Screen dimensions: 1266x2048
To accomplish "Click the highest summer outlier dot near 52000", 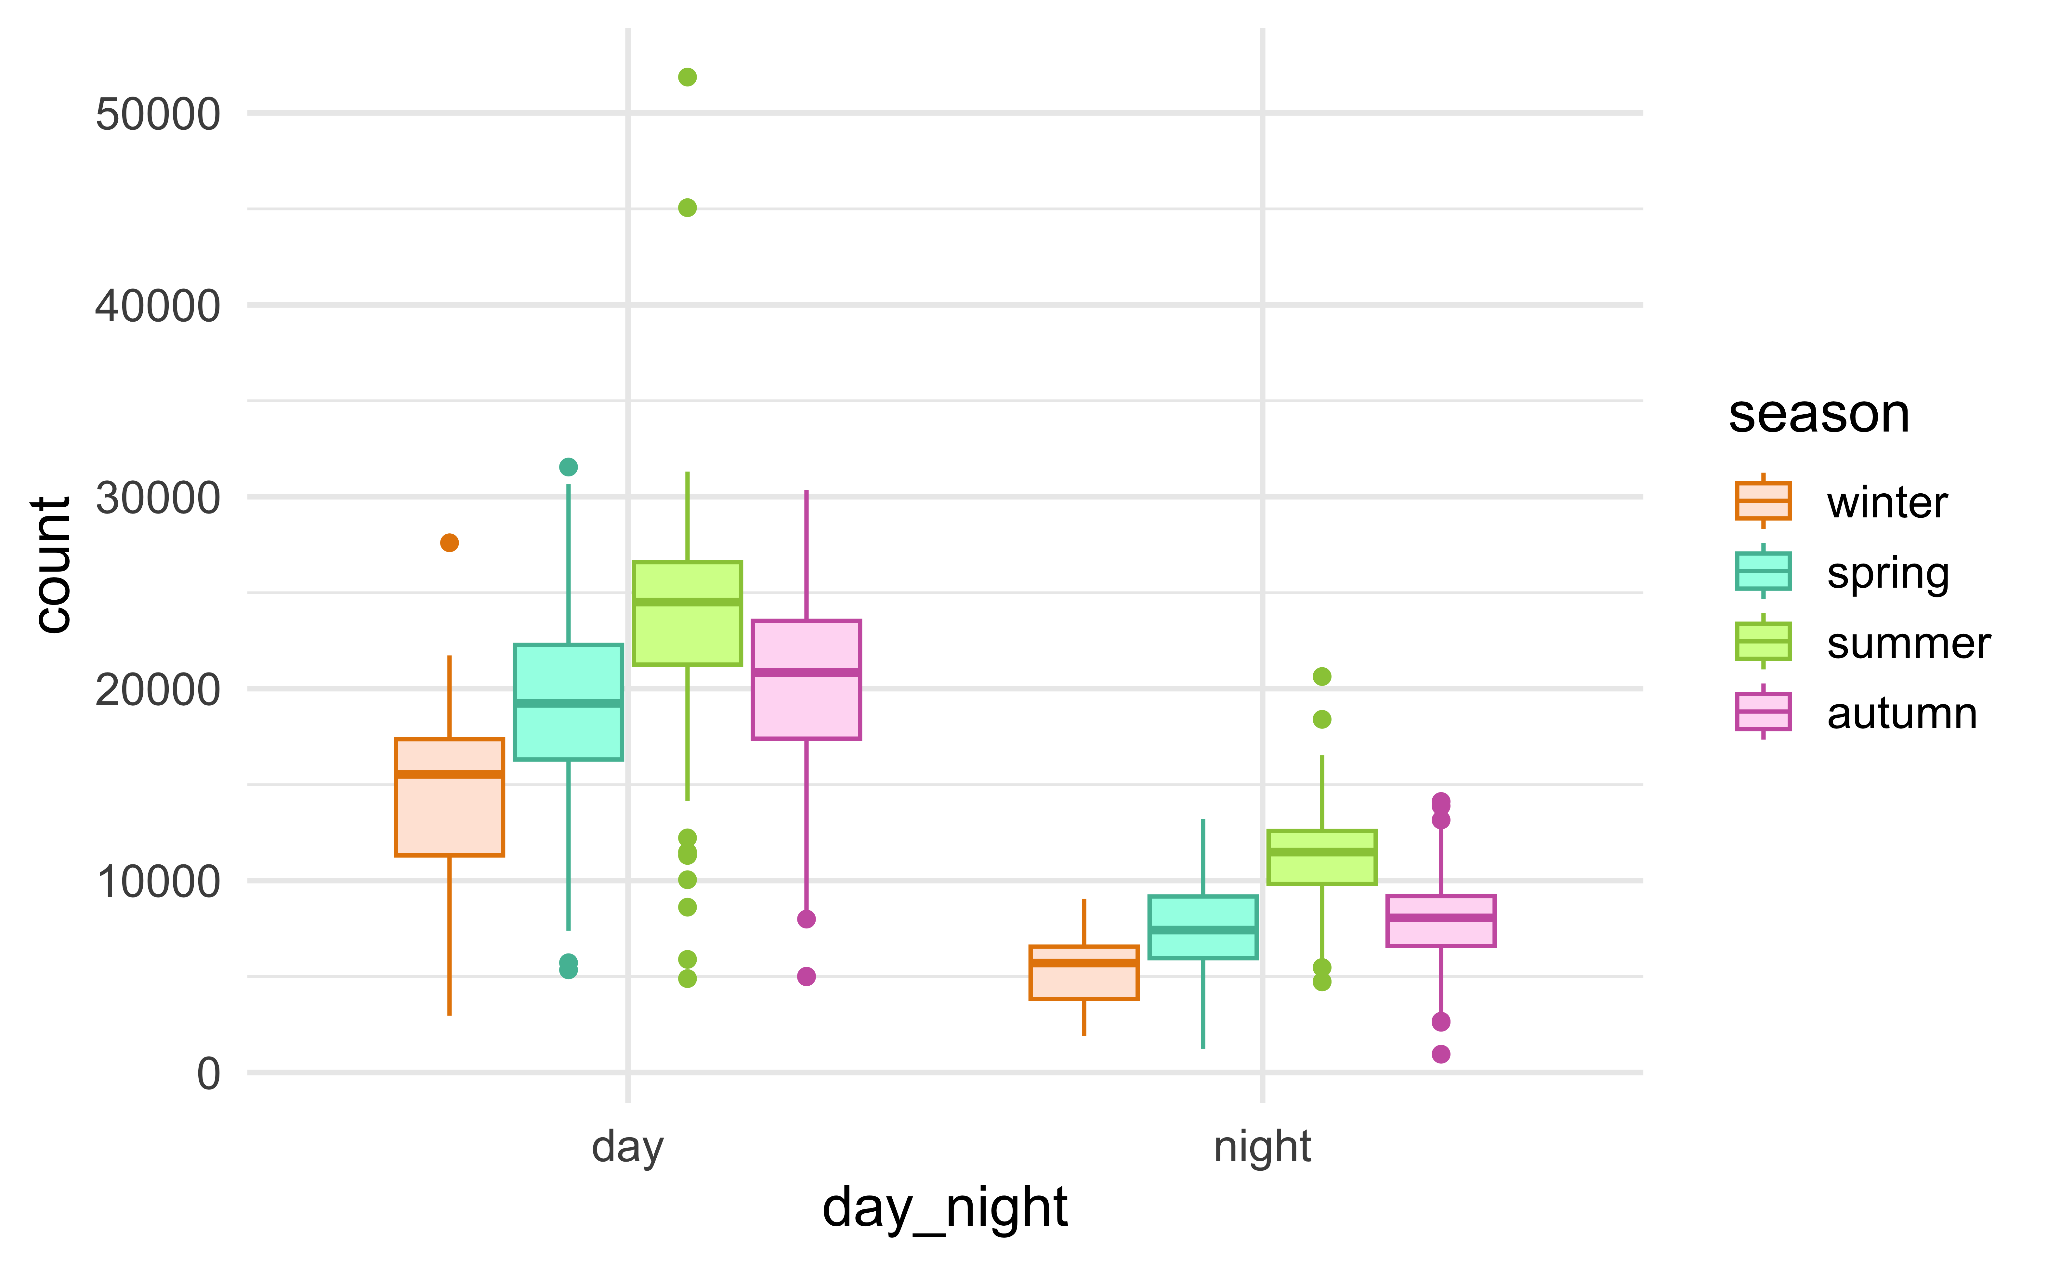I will click(x=687, y=77).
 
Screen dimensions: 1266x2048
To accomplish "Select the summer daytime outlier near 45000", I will click(x=687, y=208).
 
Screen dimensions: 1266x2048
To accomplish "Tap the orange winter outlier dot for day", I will click(x=450, y=542).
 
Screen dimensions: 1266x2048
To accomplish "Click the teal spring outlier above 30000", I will click(x=568, y=466).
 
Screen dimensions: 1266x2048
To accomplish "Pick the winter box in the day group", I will click(x=450, y=797).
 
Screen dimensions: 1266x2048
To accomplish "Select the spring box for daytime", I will click(x=568, y=702).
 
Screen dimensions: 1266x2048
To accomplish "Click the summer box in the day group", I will click(x=687, y=613).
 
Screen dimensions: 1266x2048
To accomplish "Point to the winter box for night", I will click(x=1084, y=973).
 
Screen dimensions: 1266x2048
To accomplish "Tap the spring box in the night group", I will click(x=1203, y=927).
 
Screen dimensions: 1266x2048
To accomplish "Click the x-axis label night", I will click(x=1262, y=1147).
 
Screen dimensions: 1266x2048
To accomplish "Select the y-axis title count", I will click(x=52, y=565).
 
